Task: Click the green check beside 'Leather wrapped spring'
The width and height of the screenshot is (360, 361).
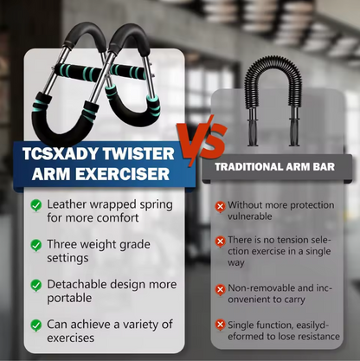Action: pos(35,205)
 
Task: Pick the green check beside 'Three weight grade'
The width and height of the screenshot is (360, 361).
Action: pos(35,245)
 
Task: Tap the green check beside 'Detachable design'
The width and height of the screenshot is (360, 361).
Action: pos(35,285)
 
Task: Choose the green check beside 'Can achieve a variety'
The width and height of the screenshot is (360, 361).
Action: pos(35,325)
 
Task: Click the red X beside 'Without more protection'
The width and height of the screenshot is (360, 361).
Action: pos(221,206)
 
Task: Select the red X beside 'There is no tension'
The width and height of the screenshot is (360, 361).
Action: pos(221,240)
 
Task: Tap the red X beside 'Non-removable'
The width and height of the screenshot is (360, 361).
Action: pos(221,289)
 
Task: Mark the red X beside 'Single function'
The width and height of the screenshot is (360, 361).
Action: pos(221,325)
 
